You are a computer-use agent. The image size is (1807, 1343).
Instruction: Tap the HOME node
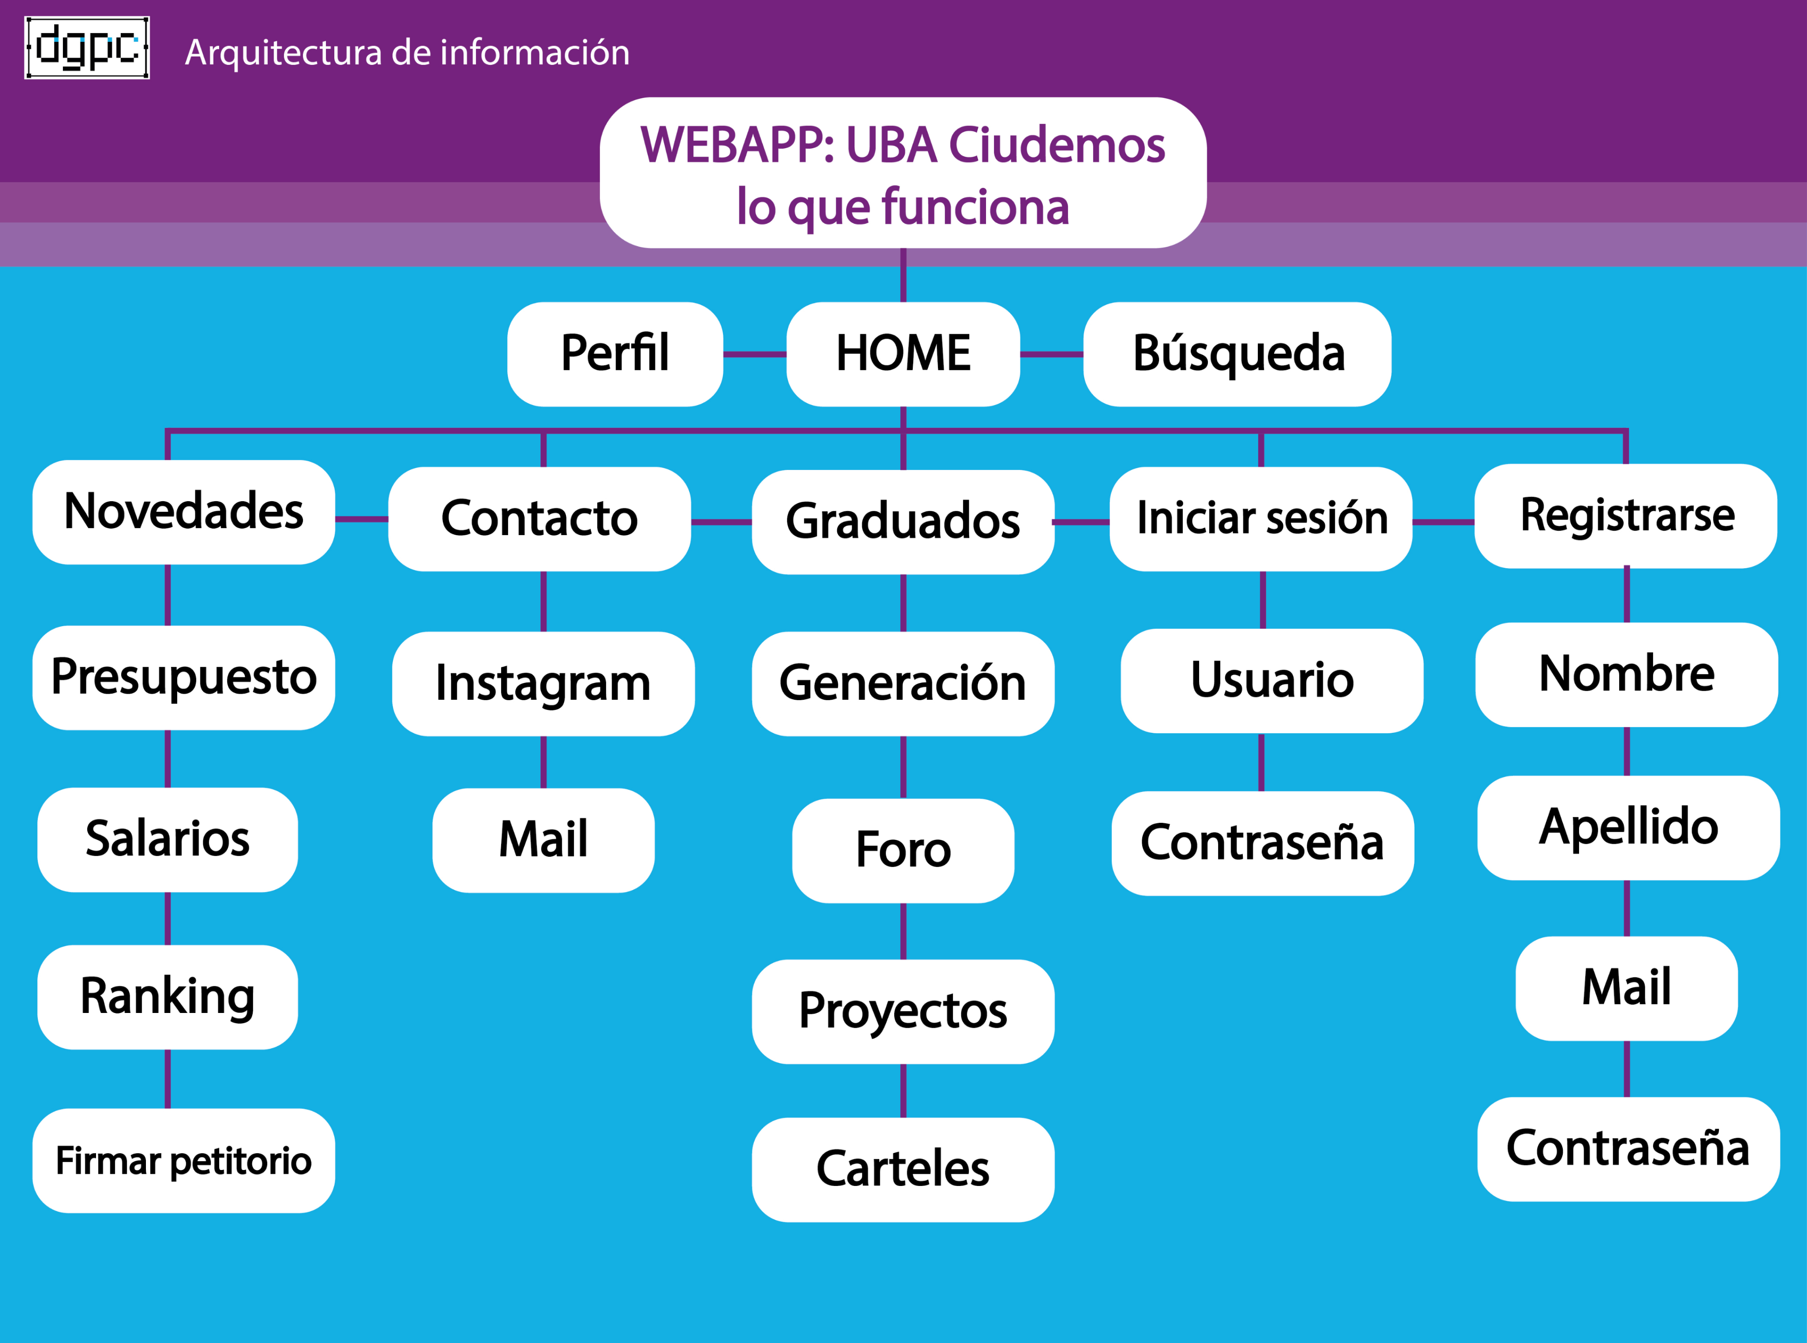(x=903, y=354)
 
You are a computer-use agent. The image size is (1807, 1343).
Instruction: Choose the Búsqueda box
(x=1237, y=354)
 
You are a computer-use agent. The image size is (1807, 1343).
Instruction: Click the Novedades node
(x=184, y=512)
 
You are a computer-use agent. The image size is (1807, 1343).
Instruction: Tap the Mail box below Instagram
(x=543, y=840)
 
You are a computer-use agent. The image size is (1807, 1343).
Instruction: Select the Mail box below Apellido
(x=1627, y=988)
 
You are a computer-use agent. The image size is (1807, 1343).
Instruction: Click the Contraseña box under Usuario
(x=1262, y=843)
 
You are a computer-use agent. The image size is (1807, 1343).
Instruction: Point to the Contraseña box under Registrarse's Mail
(x=1628, y=1149)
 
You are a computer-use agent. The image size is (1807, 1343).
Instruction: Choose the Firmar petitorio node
(x=184, y=1160)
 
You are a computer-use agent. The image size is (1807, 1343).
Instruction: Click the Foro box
(x=903, y=850)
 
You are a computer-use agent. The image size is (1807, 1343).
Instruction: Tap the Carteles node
(x=903, y=1169)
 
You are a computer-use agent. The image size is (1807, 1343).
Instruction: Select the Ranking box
(x=167, y=997)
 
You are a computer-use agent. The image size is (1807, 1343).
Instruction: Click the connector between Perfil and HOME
(x=754, y=354)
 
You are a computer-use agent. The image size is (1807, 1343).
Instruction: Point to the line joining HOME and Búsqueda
(x=1051, y=354)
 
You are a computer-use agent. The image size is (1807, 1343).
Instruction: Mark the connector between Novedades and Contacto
(x=362, y=519)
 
